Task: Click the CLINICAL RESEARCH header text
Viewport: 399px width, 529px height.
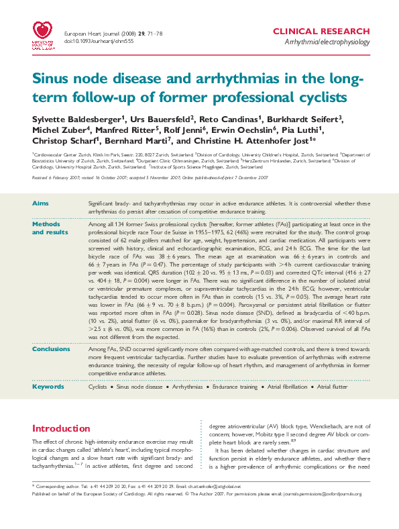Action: point(321,32)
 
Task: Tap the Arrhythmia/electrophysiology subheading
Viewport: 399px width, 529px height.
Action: point(327,42)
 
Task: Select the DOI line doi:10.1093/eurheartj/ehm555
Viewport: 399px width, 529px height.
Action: point(92,41)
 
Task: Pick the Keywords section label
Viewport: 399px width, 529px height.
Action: point(47,387)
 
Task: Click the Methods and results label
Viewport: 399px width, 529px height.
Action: point(50,227)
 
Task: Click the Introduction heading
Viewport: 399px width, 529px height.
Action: point(62,428)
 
